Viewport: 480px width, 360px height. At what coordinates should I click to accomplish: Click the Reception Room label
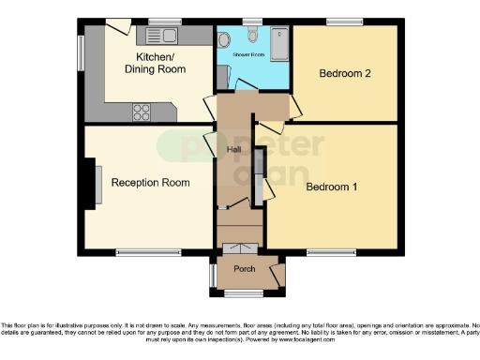pyautogui.click(x=150, y=183)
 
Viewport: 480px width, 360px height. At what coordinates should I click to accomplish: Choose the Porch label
pyautogui.click(x=244, y=270)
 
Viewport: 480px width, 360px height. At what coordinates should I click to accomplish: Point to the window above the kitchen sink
pyautogui.click(x=164, y=21)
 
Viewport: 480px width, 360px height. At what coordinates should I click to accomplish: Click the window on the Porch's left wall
pyautogui.click(x=211, y=273)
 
